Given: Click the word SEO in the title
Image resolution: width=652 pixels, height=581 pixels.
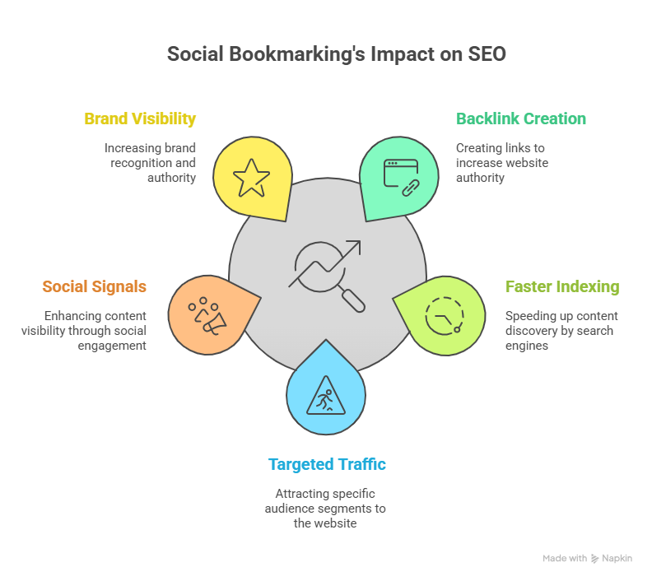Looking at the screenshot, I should (x=487, y=55).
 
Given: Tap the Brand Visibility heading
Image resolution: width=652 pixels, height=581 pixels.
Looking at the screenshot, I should (x=140, y=119).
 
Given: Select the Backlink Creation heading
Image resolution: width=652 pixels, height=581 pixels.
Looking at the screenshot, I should (x=521, y=119).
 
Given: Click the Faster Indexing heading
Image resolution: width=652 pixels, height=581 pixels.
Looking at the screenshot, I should (x=562, y=287).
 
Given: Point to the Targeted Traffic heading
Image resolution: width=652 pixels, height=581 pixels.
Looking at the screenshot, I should (x=327, y=464).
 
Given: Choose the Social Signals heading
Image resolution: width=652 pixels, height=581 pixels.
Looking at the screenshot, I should (x=95, y=286).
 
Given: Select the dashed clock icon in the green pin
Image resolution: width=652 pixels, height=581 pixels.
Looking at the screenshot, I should (x=445, y=314).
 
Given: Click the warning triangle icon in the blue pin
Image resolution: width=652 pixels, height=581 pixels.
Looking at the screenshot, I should (x=325, y=398).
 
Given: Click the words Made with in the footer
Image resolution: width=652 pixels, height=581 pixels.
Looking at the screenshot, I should (x=564, y=558).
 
